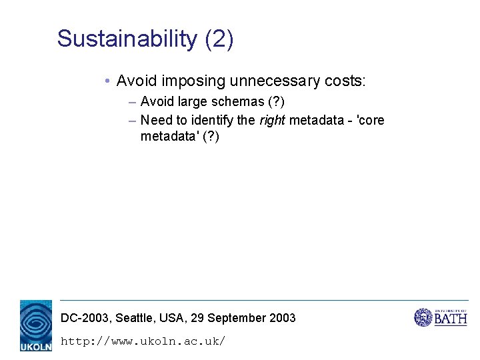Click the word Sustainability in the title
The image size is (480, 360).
[127, 39]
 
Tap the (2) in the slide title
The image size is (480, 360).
[219, 39]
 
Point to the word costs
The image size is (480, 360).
[344, 81]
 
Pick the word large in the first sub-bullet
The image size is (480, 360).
[192, 103]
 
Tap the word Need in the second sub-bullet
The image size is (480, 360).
[156, 121]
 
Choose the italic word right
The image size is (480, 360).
[272, 121]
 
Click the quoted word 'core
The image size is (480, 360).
[371, 121]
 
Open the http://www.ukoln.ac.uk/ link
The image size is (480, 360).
[143, 341]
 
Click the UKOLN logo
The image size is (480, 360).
[36, 325]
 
